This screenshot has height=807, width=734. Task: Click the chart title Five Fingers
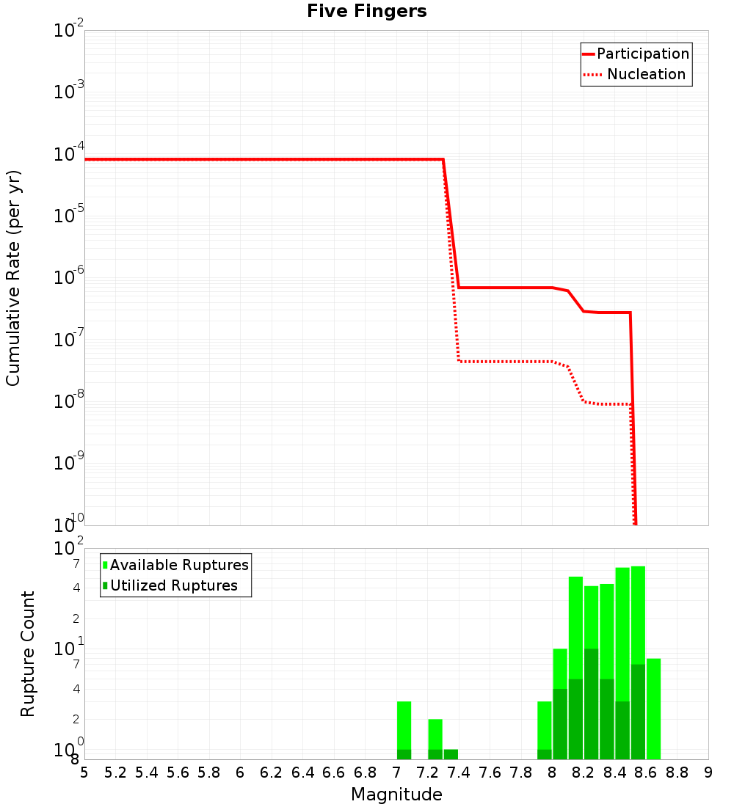pos(366,12)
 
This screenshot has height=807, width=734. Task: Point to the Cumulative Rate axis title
pos(13,278)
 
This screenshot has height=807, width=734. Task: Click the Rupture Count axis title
pos(28,654)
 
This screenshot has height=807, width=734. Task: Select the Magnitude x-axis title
pos(396,795)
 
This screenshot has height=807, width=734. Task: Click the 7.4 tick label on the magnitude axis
pos(458,773)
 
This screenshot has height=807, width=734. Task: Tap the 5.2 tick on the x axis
pos(115,773)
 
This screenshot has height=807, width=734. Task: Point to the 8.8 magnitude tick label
pos(677,773)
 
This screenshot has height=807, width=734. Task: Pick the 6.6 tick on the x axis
pos(333,773)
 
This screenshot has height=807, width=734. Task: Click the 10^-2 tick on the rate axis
pos(69,31)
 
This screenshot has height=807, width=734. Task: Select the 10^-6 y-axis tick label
pos(69,278)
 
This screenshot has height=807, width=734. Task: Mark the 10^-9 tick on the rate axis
pos(69,464)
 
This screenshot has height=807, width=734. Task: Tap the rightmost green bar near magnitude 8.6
pos(653,709)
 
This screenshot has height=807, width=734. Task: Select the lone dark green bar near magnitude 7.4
pos(451,754)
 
